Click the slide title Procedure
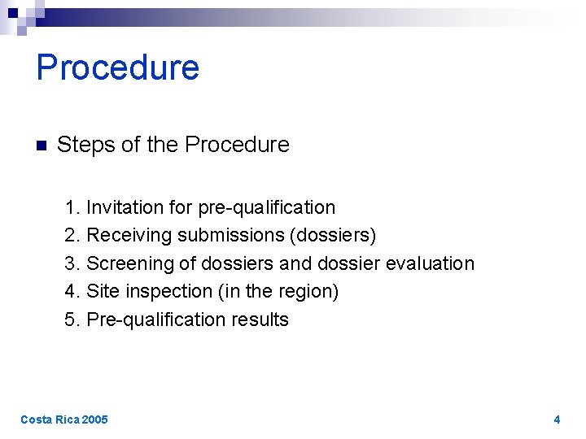tap(118, 67)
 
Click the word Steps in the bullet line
tap(85, 145)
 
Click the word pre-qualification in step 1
tap(266, 208)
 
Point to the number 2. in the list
tap(72, 236)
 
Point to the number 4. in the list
tap(72, 291)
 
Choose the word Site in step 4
tap(103, 291)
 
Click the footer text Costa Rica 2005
tap(63, 419)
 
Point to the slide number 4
tap(557, 419)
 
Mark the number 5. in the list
tap(72, 319)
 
